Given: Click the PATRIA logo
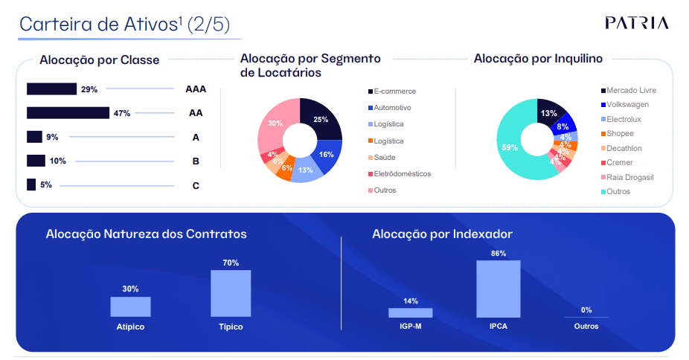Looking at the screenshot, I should tap(636, 22).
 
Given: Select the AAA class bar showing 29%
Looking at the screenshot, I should tap(51, 89).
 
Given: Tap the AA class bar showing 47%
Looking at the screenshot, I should tap(67, 113).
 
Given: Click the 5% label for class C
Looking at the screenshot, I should tap(46, 184).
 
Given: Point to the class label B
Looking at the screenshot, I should tap(196, 161).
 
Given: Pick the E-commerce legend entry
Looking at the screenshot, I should tap(394, 91).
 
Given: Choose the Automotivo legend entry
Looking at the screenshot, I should tap(392, 108).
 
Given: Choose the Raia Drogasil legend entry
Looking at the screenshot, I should tap(629, 177).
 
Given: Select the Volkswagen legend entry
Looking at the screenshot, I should tap(627, 105).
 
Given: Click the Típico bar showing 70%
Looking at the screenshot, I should tap(231, 293).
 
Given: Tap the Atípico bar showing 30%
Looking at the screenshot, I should tap(130, 306).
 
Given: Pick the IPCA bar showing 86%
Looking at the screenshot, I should tap(498, 289).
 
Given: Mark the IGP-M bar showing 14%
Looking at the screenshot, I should tap(410, 312).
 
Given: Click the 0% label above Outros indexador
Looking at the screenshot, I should tap(586, 309).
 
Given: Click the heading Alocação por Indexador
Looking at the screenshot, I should tap(442, 234).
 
